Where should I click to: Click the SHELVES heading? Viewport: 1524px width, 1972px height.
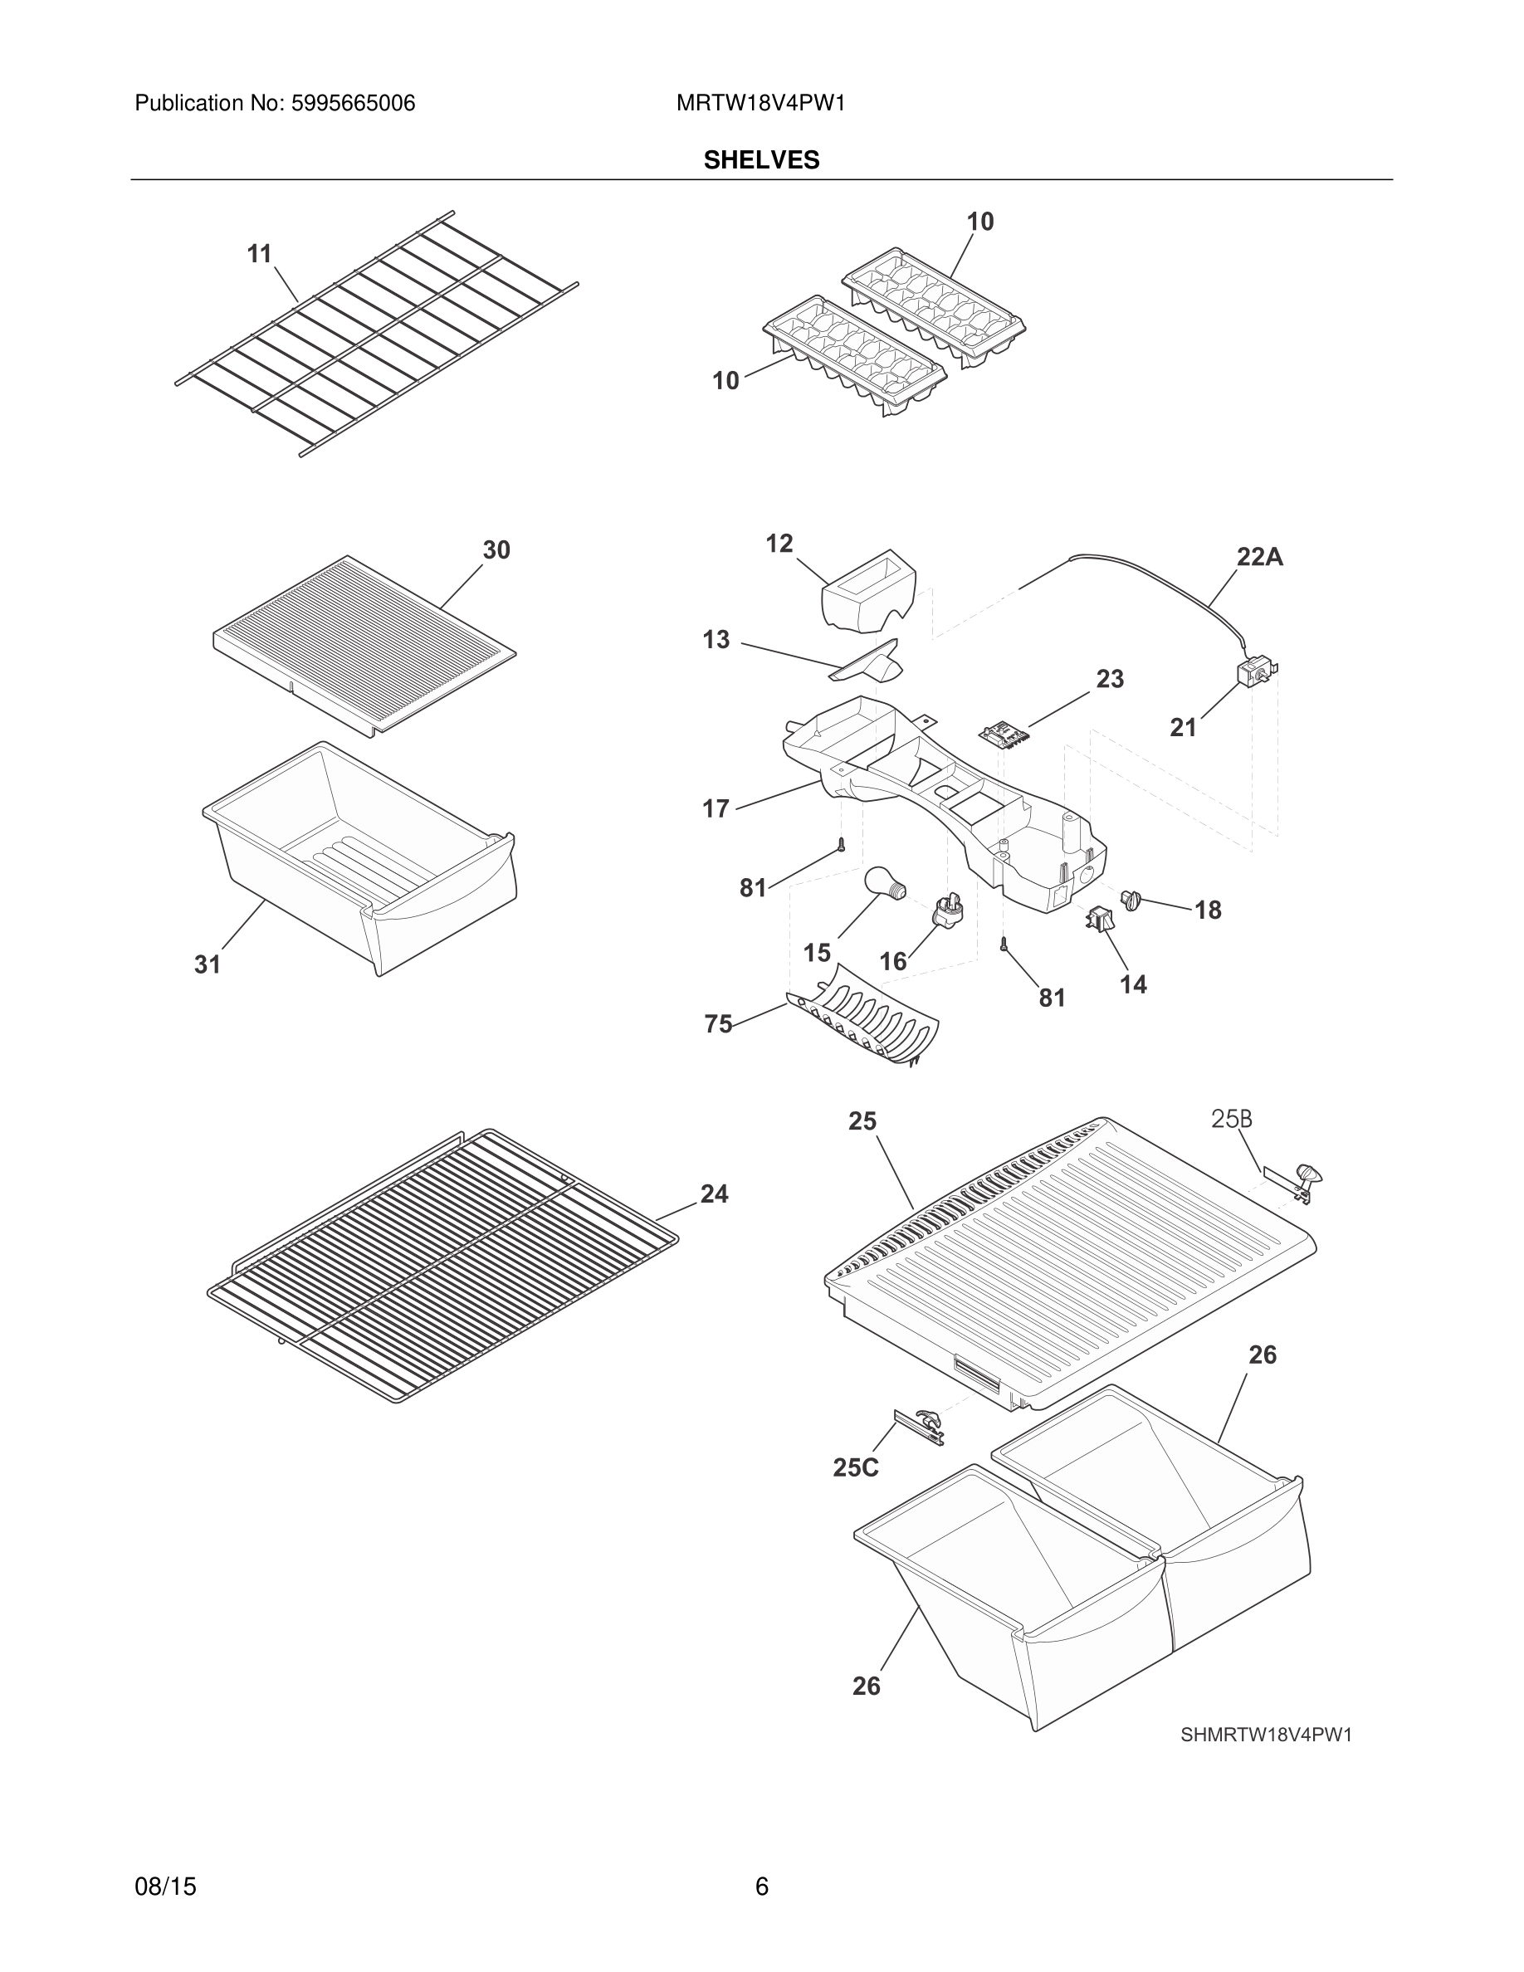click(761, 160)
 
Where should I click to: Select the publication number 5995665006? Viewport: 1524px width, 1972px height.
click(352, 104)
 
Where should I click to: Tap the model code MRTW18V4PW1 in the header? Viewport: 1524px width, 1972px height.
click(760, 104)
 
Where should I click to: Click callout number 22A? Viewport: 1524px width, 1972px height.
click(1258, 557)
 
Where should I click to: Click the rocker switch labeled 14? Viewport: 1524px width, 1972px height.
click(1100, 919)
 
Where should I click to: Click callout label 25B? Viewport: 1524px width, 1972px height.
click(1231, 1120)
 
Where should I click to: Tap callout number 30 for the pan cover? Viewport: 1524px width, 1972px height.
click(496, 550)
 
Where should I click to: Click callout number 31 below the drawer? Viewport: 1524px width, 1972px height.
click(208, 964)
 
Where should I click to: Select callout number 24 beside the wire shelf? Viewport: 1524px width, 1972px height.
click(713, 1193)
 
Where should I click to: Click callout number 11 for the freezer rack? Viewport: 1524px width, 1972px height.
click(259, 255)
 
